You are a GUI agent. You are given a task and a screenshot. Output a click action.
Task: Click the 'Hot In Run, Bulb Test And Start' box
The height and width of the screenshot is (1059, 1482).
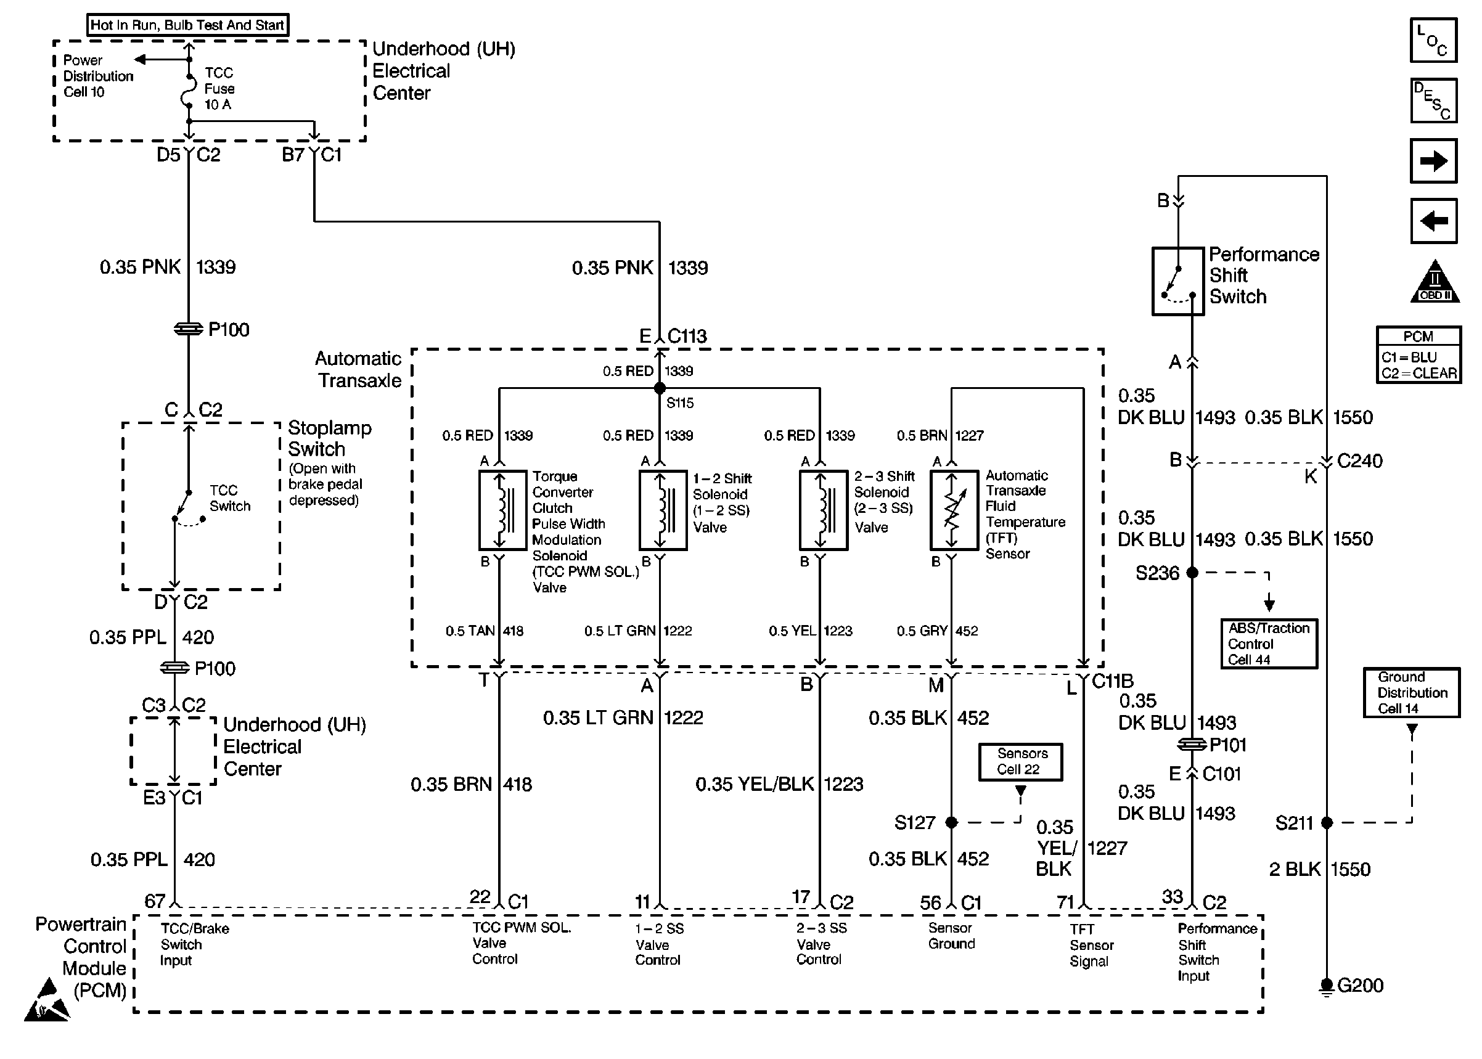[188, 25]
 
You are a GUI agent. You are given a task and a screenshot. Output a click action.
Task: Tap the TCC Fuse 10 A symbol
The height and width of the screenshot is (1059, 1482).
[189, 90]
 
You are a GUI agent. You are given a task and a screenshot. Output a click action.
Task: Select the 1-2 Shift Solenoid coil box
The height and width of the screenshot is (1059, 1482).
[663, 510]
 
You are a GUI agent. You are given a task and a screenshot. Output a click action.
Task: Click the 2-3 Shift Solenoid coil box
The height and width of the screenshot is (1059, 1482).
[824, 510]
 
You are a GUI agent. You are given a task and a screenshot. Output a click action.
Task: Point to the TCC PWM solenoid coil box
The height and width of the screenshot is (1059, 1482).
[502, 510]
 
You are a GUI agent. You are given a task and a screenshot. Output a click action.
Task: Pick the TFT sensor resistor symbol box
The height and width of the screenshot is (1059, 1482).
[954, 510]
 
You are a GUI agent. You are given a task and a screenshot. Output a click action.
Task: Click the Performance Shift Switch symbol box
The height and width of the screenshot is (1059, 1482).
[1177, 281]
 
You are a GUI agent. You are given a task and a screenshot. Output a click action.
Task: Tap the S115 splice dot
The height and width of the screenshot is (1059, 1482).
[660, 388]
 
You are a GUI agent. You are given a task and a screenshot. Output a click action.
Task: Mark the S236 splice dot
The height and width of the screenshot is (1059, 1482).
[1192, 573]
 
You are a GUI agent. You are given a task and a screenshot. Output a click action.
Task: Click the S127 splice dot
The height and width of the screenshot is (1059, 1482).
[952, 822]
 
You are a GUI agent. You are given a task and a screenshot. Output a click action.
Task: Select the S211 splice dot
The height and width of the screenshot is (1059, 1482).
[1327, 823]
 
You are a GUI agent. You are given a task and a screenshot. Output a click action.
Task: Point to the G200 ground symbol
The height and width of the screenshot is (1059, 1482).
[1326, 987]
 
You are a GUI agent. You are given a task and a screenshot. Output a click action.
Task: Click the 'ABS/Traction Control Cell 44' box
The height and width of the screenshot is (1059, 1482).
[1269, 644]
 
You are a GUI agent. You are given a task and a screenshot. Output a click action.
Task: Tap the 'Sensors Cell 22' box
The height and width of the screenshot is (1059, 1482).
[1020, 762]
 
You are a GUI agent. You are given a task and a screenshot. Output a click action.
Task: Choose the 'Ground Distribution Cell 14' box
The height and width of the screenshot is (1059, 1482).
[1412, 692]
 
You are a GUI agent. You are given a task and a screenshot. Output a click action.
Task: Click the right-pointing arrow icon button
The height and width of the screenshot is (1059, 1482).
[1433, 160]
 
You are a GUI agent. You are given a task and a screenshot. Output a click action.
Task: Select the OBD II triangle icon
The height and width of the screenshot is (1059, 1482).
[1435, 281]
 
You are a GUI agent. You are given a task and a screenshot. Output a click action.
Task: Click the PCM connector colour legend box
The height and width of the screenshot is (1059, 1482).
[1419, 354]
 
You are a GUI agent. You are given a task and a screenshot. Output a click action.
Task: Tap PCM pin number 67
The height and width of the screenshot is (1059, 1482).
[155, 901]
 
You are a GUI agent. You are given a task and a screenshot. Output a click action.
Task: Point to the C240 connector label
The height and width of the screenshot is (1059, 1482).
[1359, 461]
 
